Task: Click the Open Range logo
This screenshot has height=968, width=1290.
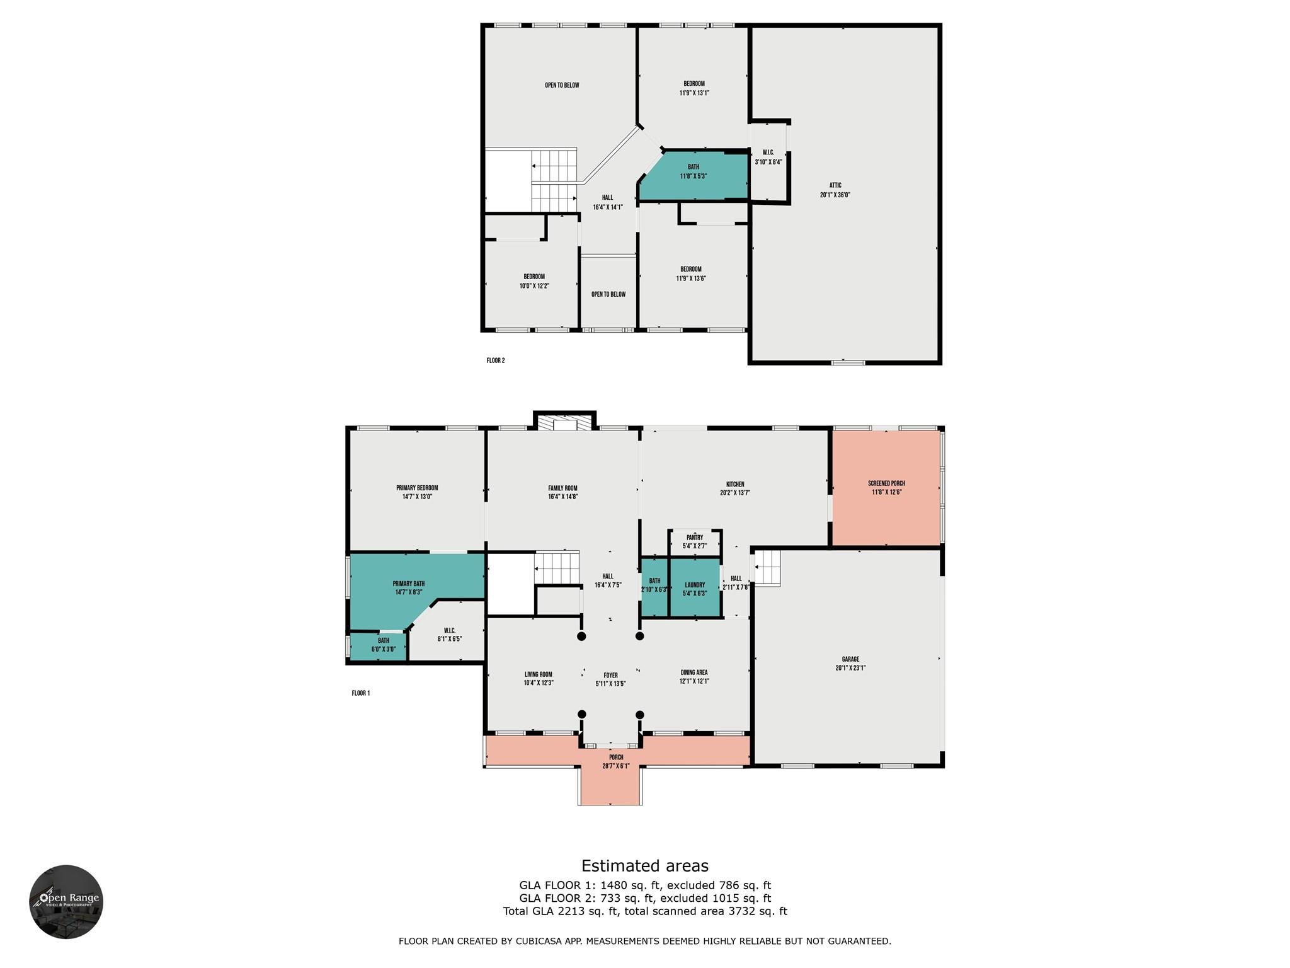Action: pos(66,901)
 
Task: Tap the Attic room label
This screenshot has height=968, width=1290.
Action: pos(835,190)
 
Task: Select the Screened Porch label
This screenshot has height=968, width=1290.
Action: pos(886,488)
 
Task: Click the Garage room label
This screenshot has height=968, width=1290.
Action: pos(850,664)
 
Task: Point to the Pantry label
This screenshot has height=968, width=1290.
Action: pos(695,541)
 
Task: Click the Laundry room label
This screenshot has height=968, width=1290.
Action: pos(695,589)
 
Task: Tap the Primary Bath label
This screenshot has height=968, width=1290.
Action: pos(408,588)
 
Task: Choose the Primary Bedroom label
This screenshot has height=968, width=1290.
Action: pos(417,492)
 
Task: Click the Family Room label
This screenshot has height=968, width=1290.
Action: pos(562,492)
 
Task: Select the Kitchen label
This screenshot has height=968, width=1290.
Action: pos(734,488)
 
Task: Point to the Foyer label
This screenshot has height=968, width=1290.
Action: pos(610,679)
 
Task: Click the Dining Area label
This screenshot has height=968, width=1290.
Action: pos(695,676)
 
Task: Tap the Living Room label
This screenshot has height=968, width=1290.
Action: pos(538,678)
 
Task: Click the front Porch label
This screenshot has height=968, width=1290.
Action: pos(616,761)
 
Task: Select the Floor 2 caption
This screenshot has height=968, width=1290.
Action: pos(496,360)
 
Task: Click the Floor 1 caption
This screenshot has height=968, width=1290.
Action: pos(361,693)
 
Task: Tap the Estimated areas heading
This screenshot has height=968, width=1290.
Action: pos(645,866)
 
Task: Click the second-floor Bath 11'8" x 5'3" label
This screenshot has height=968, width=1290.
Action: pos(694,171)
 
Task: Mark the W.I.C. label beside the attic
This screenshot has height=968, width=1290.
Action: pos(768,157)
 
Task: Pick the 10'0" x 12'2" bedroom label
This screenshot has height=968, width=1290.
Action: pos(534,281)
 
